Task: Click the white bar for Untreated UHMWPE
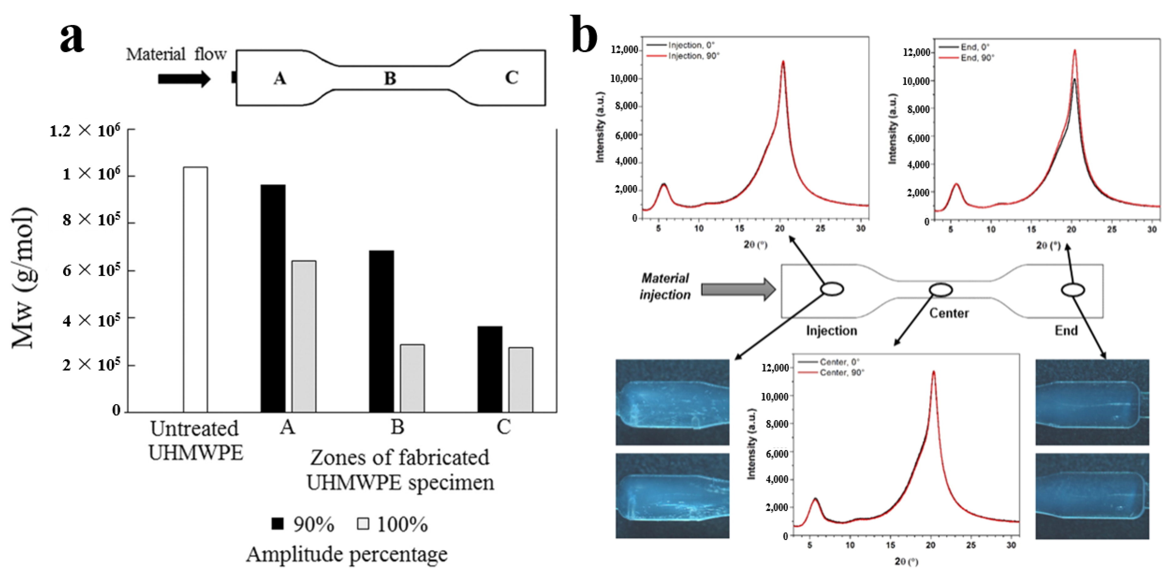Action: coord(195,290)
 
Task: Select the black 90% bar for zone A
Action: coord(273,299)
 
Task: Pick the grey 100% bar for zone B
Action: coord(412,378)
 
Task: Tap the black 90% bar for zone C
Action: coord(490,369)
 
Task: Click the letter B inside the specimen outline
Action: coord(390,78)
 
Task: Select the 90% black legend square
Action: coord(277,523)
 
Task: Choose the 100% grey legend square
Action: coord(363,523)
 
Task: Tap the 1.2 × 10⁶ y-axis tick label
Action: coord(85,131)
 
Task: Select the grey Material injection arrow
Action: coord(738,289)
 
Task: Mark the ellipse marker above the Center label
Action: coord(941,290)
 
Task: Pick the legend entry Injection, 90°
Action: coord(693,56)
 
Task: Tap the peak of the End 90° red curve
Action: coord(1075,51)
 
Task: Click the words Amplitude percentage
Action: coord(347,554)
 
